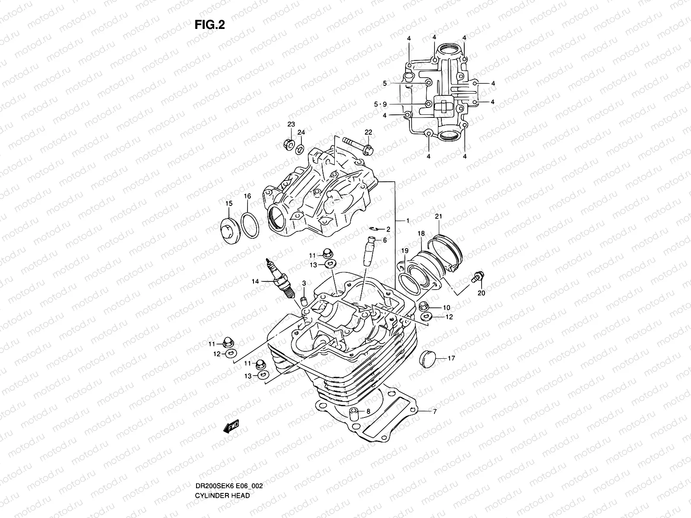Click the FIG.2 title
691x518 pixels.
(209, 25)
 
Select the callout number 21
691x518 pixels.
(438, 217)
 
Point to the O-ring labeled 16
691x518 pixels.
(250, 225)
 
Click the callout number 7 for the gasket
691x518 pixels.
(435, 412)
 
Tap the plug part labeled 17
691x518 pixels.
(427, 358)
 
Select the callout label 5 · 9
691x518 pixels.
(380, 104)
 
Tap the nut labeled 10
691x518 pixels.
(424, 307)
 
